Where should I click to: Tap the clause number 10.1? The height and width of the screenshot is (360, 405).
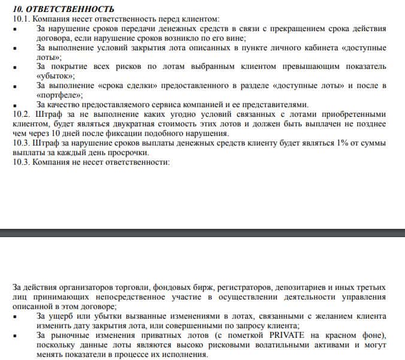pyautogui.click(x=21, y=19)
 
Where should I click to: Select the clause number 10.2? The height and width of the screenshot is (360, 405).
pyautogui.click(x=21, y=114)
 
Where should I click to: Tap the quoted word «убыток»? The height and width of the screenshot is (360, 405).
pyautogui.click(x=56, y=76)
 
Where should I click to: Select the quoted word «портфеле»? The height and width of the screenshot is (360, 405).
pyautogui.click(x=59, y=95)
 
